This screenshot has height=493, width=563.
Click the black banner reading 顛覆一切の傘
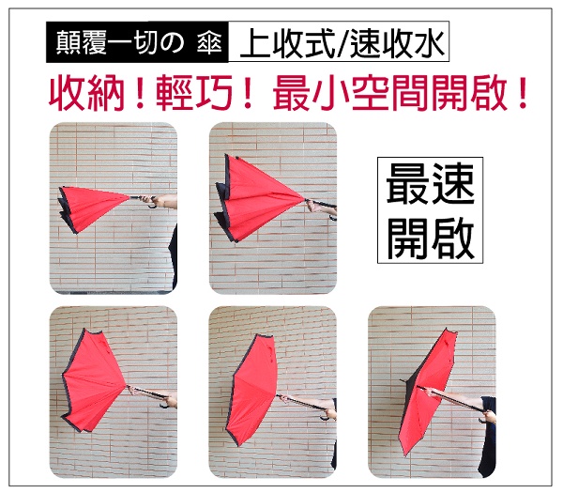tap(137, 42)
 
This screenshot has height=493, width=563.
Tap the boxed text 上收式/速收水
tap(339, 41)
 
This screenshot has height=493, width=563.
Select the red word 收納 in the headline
tap(87, 93)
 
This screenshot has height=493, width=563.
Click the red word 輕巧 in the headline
tap(194, 93)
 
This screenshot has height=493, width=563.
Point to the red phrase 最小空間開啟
tap(390, 93)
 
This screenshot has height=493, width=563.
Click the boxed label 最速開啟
tap(430, 210)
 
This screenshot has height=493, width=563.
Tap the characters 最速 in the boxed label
tap(430, 184)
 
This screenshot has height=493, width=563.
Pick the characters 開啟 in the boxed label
tap(430, 237)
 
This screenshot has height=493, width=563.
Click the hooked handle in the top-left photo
tap(152, 207)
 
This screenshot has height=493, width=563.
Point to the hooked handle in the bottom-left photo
tap(164, 405)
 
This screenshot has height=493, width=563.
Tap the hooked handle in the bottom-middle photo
tap(326, 418)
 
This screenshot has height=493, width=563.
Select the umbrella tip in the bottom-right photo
tap(403, 380)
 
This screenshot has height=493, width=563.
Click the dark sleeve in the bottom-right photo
tap(488, 436)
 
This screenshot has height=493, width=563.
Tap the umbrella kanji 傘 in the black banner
tap(209, 42)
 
